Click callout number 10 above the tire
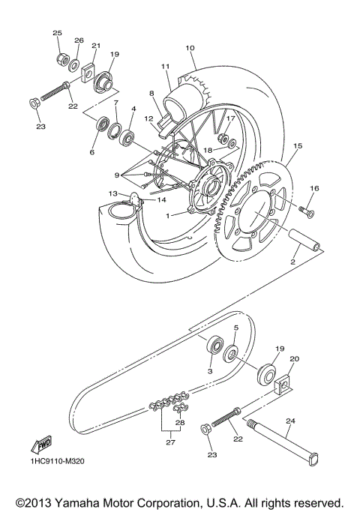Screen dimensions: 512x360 pyautogui.click(x=190, y=47)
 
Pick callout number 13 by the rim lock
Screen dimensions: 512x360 pyautogui.click(x=112, y=193)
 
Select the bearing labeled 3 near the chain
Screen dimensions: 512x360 pyautogui.click(x=215, y=345)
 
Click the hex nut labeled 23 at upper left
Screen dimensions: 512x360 pyautogui.click(x=35, y=102)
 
